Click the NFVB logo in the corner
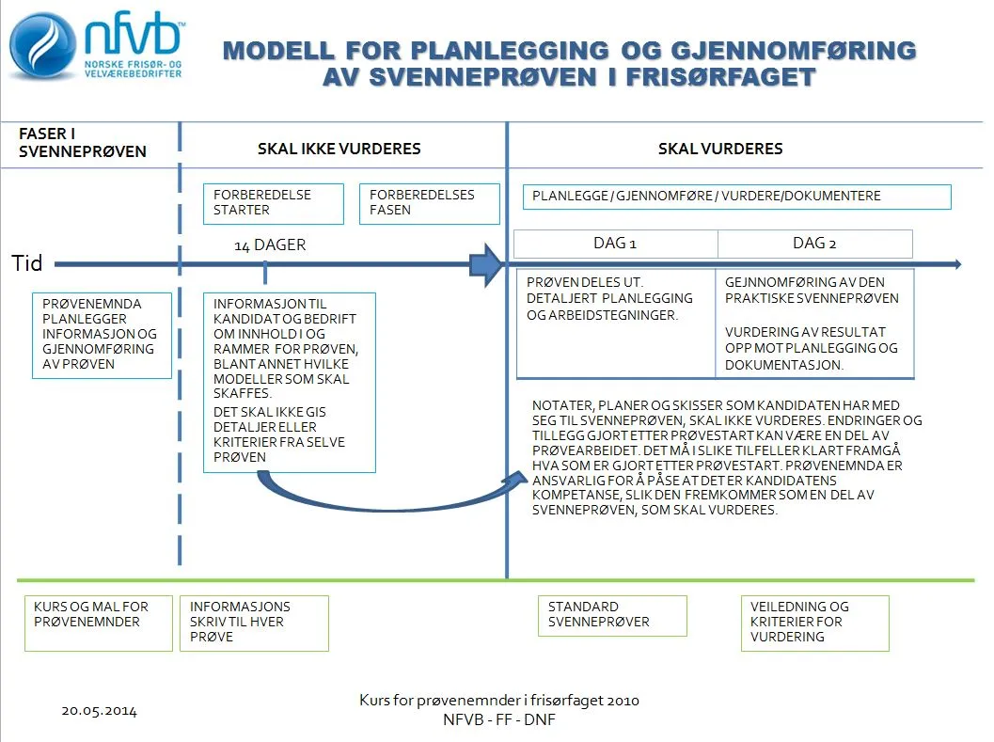[94, 47]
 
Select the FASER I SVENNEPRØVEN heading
[83, 143]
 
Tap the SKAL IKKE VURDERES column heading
[339, 149]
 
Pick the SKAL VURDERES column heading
[720, 149]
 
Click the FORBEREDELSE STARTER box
[274, 203]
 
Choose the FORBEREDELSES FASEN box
[429, 203]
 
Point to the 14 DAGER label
[270, 245]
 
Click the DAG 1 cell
[615, 244]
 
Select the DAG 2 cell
[814, 244]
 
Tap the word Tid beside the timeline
[27, 263]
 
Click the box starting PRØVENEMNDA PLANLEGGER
[102, 335]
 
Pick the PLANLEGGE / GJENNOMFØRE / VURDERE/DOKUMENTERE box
[736, 197]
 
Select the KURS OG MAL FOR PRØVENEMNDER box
[98, 623]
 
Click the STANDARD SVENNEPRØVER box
[611, 615]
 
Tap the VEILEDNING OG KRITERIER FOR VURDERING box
[814, 623]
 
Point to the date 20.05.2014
[99, 711]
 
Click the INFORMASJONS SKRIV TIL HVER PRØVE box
[254, 623]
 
